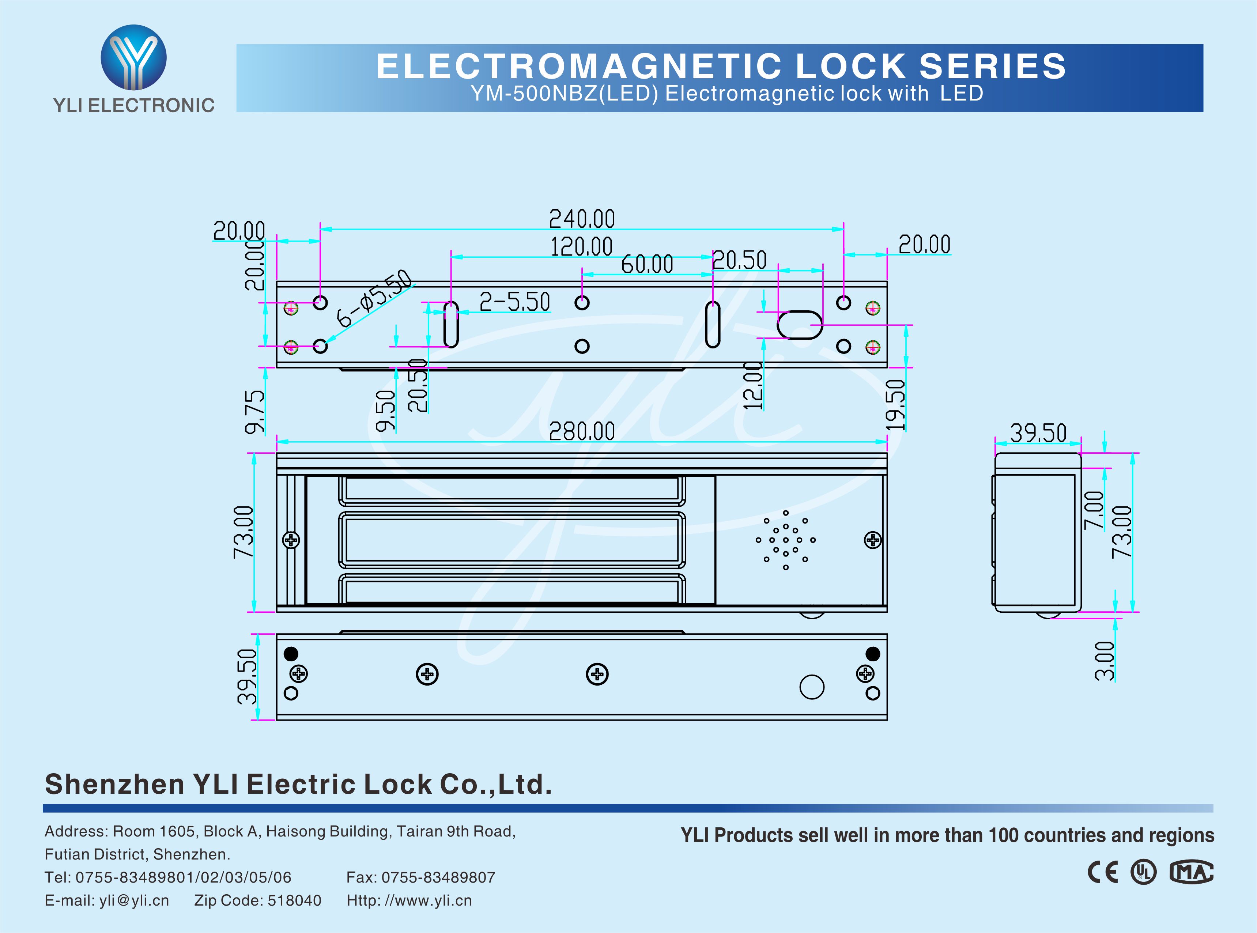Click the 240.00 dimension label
pyautogui.click(x=582, y=219)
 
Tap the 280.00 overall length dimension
pyautogui.click(x=582, y=431)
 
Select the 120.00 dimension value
pyautogui.click(x=581, y=247)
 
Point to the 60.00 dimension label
pyautogui.click(x=647, y=264)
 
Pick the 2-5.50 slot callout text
pyautogui.click(x=514, y=302)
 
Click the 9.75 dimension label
pyautogui.click(x=255, y=412)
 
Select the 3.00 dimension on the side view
pyautogui.click(x=1105, y=661)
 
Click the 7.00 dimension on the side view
pyautogui.click(x=1094, y=510)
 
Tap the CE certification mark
pyautogui.click(x=1103, y=872)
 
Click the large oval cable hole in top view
pyautogui.click(x=800, y=325)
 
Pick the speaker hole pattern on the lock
pyautogui.click(x=785, y=540)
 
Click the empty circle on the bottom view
pyautogui.click(x=812, y=687)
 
